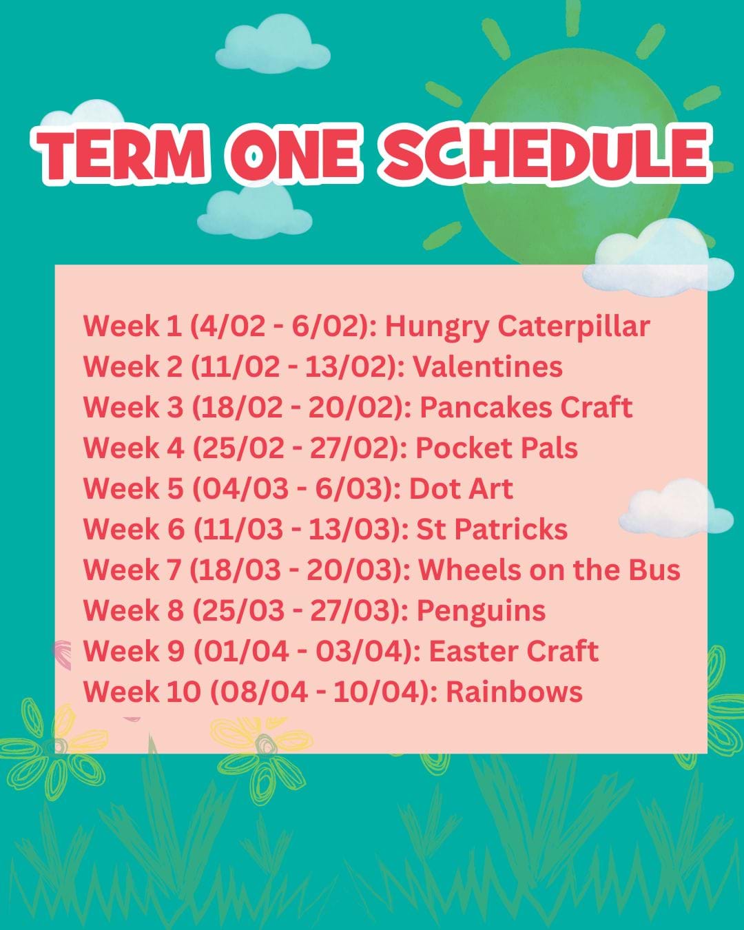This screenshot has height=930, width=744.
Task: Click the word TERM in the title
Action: coord(121,154)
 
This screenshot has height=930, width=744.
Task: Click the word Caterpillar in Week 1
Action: coord(574,327)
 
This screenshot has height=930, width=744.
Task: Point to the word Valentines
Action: coord(488,367)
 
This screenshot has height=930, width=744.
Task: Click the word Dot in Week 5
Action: coord(433,489)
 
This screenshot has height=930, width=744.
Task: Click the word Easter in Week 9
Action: coord(475,651)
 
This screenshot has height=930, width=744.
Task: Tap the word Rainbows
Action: coord(514,692)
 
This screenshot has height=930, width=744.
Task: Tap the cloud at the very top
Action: coord(273,45)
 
